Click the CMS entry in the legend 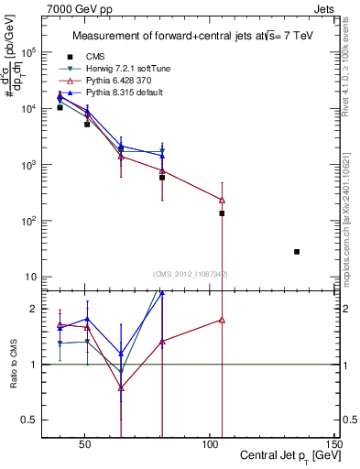pos(95,57)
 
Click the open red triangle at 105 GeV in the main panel pos(222,200)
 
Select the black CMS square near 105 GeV pos(222,213)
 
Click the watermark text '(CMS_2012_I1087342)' pos(191,274)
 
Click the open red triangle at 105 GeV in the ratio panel pos(222,320)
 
